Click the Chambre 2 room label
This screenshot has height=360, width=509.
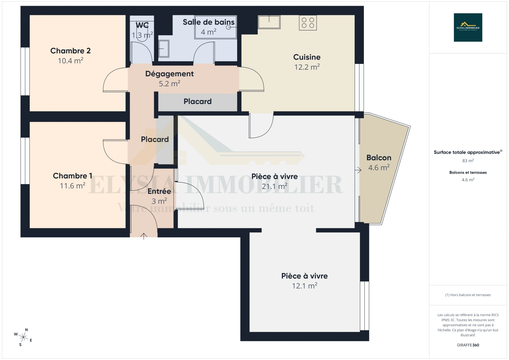coord(70,51)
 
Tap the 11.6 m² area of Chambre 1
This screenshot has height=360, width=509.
coord(72,186)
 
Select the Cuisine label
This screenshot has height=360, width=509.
coord(307,57)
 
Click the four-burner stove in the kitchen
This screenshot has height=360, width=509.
coord(308,23)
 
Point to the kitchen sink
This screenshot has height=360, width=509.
coord(269,22)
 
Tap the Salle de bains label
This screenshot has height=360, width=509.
coord(208,22)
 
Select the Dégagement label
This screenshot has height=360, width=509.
coord(169,74)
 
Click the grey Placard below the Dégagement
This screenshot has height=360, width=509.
coord(197,101)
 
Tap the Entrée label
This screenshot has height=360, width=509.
coord(159,191)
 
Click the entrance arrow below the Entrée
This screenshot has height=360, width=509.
coord(143,236)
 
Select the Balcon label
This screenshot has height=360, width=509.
coord(379,158)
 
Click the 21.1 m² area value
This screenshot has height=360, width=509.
coord(274,186)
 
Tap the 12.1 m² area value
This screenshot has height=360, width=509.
coord(304,286)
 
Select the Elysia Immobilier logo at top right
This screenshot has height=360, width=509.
coord(468,27)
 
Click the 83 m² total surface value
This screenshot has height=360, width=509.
coord(468,161)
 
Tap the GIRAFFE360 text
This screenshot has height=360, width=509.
coord(468,345)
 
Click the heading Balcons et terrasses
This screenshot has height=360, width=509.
coord(468,172)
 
